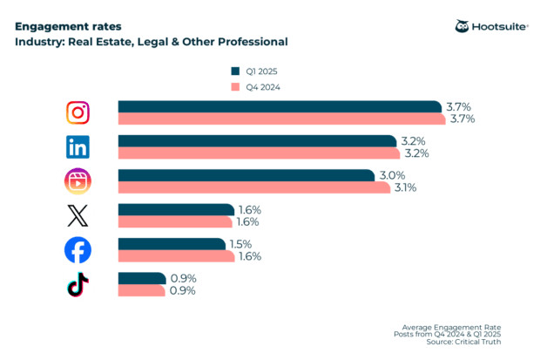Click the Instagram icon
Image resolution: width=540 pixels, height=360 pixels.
[x=78, y=112]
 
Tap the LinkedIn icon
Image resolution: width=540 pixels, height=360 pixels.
[x=78, y=146]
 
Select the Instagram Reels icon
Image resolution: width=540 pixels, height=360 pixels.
[x=78, y=180]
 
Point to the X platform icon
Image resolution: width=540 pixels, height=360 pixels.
[x=78, y=215]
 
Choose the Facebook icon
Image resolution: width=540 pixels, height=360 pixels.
[x=78, y=250]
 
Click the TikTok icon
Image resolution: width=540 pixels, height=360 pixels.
[x=78, y=284]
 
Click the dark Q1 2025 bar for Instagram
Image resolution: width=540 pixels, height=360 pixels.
[x=279, y=106]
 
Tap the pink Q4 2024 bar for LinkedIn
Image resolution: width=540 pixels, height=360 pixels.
[x=259, y=153]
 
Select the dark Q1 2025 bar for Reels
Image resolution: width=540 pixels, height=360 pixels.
[x=248, y=175]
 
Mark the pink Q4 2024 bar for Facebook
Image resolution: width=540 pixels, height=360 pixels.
[x=177, y=256]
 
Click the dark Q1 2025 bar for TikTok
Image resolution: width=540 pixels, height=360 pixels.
[x=142, y=278]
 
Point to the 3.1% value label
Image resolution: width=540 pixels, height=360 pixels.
[x=406, y=187]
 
